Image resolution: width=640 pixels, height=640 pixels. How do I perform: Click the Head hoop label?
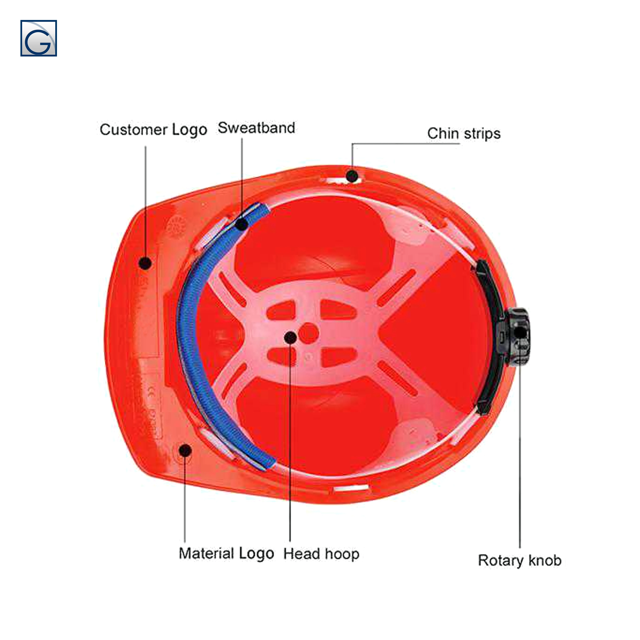(321, 554)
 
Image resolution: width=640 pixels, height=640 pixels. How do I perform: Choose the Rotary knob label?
(519, 560)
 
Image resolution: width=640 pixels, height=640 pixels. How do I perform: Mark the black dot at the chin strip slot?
(352, 176)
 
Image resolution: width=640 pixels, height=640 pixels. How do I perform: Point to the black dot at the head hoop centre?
(291, 337)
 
